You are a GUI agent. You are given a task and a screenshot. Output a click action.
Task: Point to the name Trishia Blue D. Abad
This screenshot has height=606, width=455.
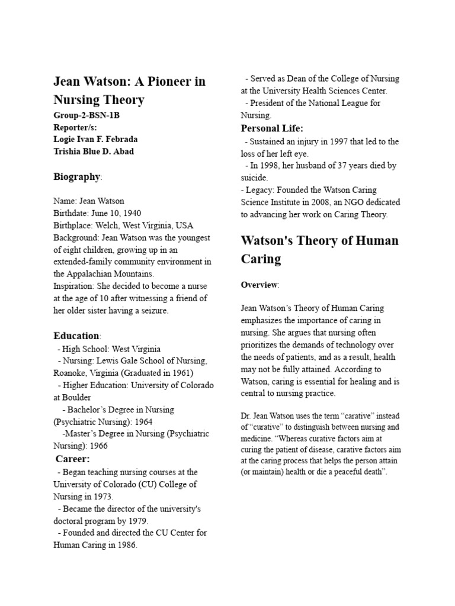point(94,151)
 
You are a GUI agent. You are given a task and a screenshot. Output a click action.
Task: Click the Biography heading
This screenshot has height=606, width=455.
point(76,176)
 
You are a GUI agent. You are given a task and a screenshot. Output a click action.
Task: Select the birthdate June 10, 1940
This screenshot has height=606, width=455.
point(116,213)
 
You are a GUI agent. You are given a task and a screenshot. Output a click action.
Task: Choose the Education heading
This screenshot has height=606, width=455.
point(76,336)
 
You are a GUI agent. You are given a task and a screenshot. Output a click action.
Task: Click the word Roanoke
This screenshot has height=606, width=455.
point(71,373)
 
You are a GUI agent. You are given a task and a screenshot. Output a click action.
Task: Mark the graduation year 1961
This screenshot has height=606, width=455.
point(180,373)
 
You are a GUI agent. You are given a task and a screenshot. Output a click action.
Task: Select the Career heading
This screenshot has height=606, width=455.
point(73,459)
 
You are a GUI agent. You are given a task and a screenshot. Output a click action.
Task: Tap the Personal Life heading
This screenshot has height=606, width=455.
point(272,128)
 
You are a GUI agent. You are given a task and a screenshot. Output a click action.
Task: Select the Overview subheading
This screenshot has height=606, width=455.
point(259,285)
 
